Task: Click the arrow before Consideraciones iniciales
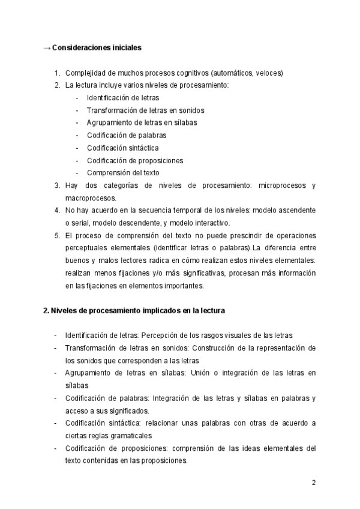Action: [47, 48]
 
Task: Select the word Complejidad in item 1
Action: [85, 73]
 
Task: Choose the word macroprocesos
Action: [91, 197]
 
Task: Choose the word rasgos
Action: [215, 335]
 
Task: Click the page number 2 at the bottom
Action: [314, 483]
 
